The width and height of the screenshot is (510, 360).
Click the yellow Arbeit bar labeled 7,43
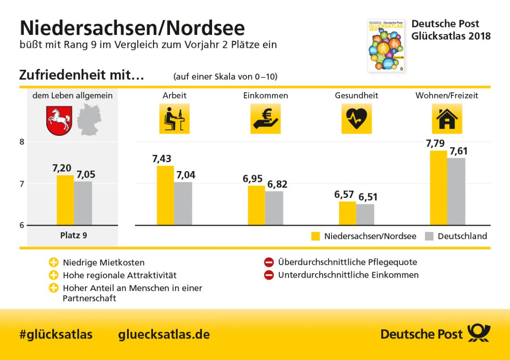pos(166,195)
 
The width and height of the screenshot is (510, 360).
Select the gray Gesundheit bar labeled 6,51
pos(365,214)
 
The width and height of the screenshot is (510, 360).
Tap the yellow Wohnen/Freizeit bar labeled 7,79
pos(438,188)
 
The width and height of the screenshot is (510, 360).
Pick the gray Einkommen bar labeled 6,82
pos(274,208)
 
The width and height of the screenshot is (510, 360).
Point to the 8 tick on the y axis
pos(21,142)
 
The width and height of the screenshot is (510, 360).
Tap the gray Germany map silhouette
pos(89,120)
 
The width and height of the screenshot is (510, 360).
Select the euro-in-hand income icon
pos(265,119)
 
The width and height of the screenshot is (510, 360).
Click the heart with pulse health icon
pos(357,119)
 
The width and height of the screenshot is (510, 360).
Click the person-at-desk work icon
pos(174,119)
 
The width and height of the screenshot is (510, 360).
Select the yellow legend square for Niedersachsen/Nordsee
pos(316,236)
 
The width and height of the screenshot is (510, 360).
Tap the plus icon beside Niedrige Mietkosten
pos(54,263)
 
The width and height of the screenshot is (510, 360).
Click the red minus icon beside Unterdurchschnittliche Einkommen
pos(269,275)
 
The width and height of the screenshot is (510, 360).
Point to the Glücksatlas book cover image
pos(386,45)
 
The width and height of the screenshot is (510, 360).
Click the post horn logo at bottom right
pos(479,334)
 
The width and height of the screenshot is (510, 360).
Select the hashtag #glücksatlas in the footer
pos(56,334)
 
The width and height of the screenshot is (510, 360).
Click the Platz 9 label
pos(73,235)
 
